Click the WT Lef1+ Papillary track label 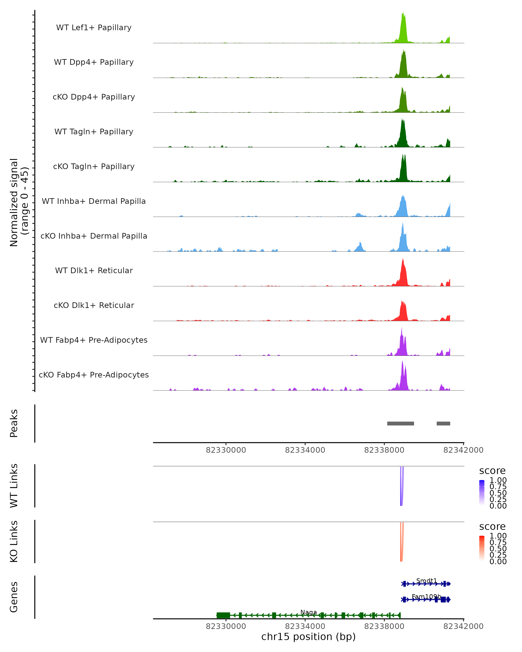[94, 28]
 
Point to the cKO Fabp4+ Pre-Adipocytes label [94, 375]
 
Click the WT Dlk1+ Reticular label [94, 270]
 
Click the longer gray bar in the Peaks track [400, 423]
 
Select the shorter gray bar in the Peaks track [443, 423]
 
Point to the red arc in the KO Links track [402, 544]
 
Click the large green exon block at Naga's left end [223, 615]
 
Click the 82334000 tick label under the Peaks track [305, 450]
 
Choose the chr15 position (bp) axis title [308, 637]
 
